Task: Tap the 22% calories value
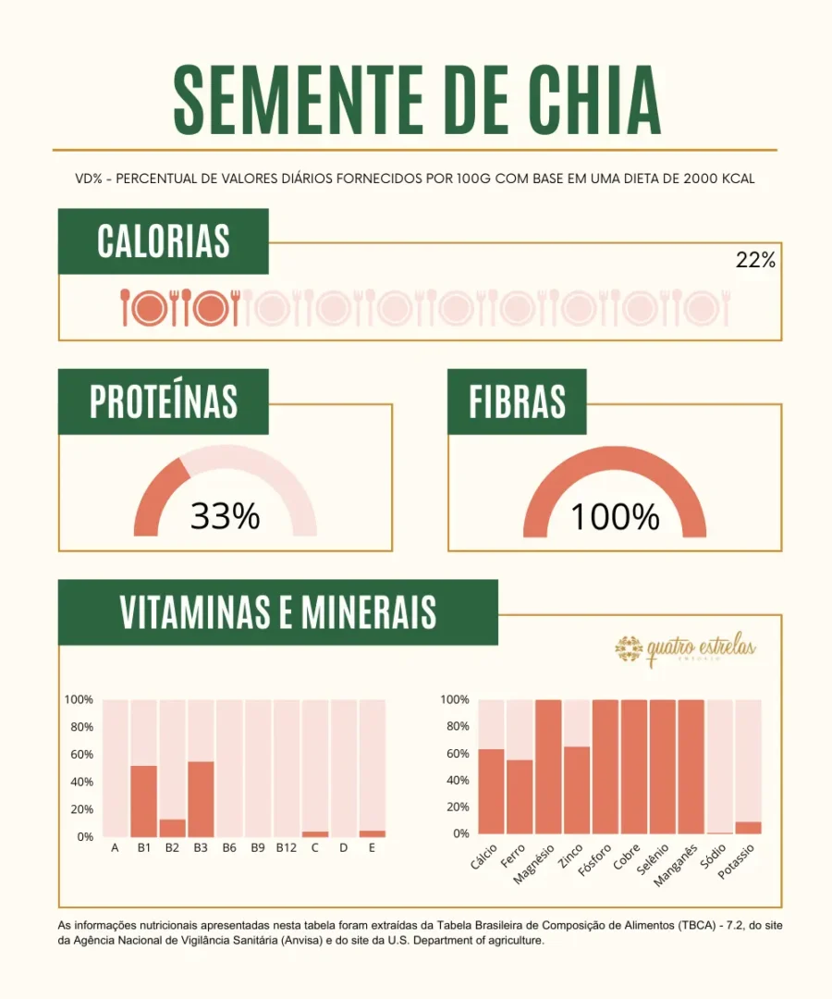click(x=755, y=261)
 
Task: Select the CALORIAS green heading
click(x=164, y=241)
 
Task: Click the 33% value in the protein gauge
click(x=225, y=516)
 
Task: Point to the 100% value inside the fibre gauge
click(x=615, y=516)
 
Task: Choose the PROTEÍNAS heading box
click(x=164, y=402)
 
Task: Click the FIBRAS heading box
click(x=517, y=402)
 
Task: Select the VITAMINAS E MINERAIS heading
click(x=277, y=612)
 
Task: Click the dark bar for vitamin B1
click(x=144, y=801)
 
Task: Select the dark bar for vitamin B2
click(x=173, y=828)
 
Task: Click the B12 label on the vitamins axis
click(x=286, y=847)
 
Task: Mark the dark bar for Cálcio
click(x=491, y=792)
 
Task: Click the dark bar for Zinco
click(x=576, y=790)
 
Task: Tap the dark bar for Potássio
click(x=748, y=828)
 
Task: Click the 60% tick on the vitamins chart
click(x=81, y=755)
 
